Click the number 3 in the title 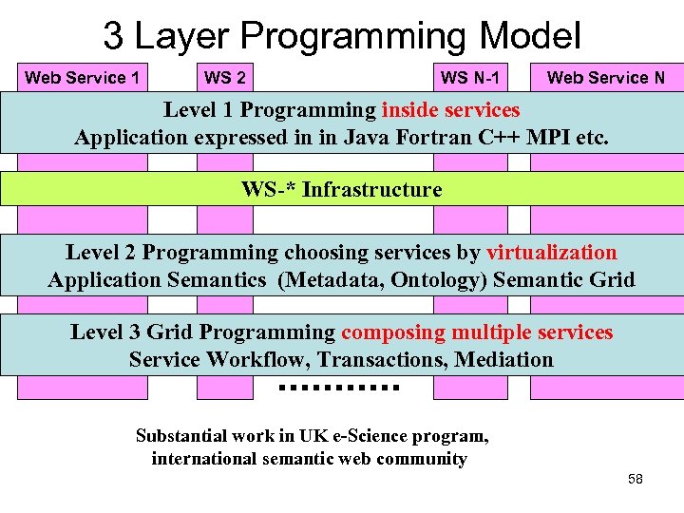pyautogui.click(x=113, y=37)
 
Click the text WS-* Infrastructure pyautogui.click(x=342, y=189)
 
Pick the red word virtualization pyautogui.click(x=551, y=253)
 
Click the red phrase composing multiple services pyautogui.click(x=477, y=332)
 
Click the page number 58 pyautogui.click(x=636, y=479)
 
